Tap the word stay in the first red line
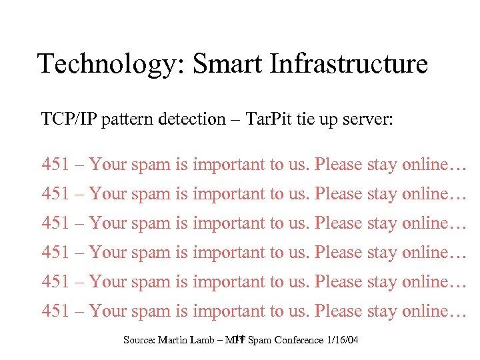click(382, 164)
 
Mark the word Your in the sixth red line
click(108, 311)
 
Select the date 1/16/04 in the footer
click(343, 341)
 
